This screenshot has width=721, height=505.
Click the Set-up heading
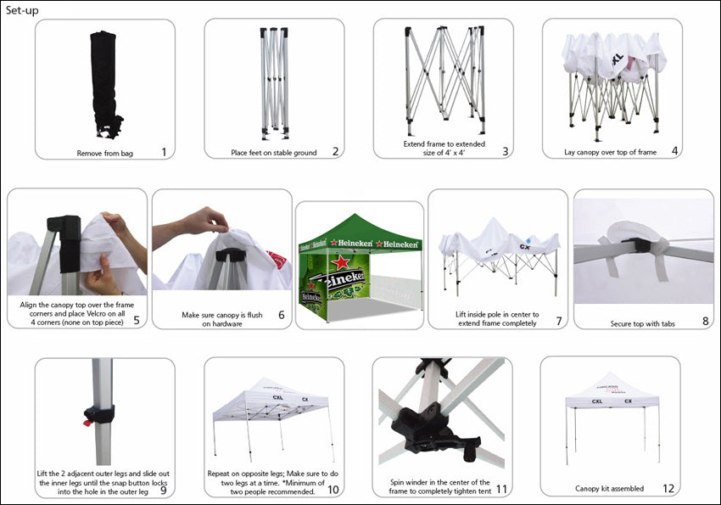(x=22, y=10)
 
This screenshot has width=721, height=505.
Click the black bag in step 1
(x=106, y=84)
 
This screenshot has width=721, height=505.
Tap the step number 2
(x=336, y=151)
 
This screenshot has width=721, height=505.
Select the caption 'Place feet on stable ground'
(x=274, y=153)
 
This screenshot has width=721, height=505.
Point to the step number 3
(x=506, y=151)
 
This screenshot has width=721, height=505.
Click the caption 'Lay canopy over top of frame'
(x=610, y=152)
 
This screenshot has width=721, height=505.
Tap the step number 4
(x=674, y=150)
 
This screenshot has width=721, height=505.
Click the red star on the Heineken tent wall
(x=340, y=262)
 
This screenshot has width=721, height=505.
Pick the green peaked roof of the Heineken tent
(x=359, y=228)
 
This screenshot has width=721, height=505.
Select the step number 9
(x=163, y=491)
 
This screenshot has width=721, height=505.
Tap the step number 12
(x=668, y=488)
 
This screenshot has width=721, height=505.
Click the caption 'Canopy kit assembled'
(x=609, y=488)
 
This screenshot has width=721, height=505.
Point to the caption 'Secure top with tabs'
(x=642, y=323)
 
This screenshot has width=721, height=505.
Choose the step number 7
(x=559, y=321)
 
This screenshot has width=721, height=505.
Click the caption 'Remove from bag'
(x=105, y=154)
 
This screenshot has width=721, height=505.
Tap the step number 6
(x=282, y=315)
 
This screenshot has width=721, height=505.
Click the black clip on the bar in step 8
(x=634, y=244)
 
